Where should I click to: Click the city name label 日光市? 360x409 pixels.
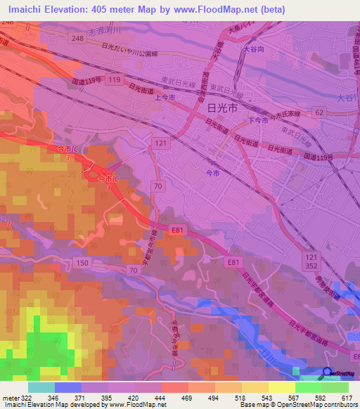tap(223, 108)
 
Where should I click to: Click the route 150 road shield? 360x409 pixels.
tap(83, 262)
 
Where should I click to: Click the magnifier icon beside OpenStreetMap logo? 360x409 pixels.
tap(328, 373)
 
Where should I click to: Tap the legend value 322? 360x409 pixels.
tap(27, 397)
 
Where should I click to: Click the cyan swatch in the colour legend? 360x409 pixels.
tap(41, 387)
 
